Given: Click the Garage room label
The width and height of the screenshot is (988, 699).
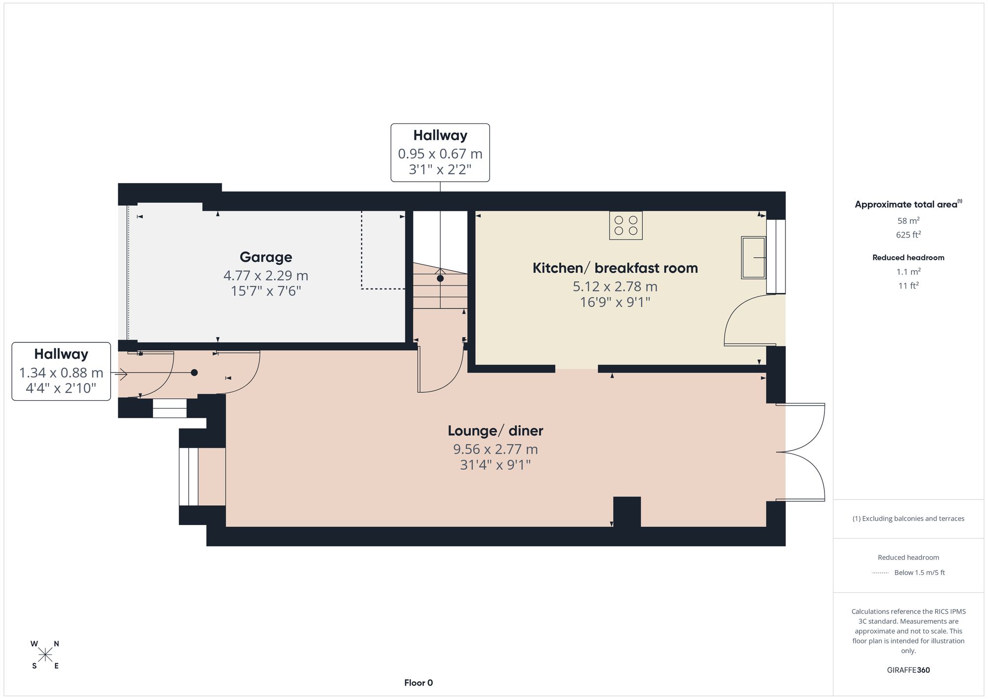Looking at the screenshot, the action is coord(266,257).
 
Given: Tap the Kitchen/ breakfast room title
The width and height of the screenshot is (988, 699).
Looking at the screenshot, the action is coord(615,268).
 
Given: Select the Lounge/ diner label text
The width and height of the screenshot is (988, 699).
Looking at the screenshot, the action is coord(495,431).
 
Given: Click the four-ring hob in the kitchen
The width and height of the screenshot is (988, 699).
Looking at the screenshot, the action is coord(626,225).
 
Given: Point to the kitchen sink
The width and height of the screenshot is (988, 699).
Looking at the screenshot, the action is coord(753,257).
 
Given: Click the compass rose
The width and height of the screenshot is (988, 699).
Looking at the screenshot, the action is coord(45,655).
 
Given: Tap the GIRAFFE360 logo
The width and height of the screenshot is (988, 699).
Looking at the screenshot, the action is coord(908,670).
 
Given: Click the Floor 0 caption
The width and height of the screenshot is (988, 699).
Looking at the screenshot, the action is coord(418,683).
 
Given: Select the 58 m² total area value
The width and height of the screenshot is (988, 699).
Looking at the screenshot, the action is coord(908,221).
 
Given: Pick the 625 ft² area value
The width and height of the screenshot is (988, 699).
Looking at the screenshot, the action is coord(908,235).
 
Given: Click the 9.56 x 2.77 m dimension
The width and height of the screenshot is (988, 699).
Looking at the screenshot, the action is coord(495,449).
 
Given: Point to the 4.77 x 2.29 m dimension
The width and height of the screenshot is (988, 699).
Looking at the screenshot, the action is coord(266,275).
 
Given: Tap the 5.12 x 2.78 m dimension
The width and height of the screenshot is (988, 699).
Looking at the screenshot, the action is coord(615,286).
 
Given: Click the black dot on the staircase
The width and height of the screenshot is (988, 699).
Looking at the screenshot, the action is coord(440,279).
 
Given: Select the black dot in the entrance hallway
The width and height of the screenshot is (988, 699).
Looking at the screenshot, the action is coord(194,372).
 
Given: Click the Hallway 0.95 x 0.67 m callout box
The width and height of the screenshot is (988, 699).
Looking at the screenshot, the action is coord(440,153).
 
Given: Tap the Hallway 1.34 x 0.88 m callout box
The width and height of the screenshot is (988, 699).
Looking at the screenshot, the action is coord(61,371).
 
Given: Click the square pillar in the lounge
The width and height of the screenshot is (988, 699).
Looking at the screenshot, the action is coord(627,512).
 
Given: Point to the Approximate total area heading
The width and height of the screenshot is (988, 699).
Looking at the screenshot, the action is coord(908,204).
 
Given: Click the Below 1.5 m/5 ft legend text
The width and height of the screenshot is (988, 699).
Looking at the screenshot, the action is coord(919,573).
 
